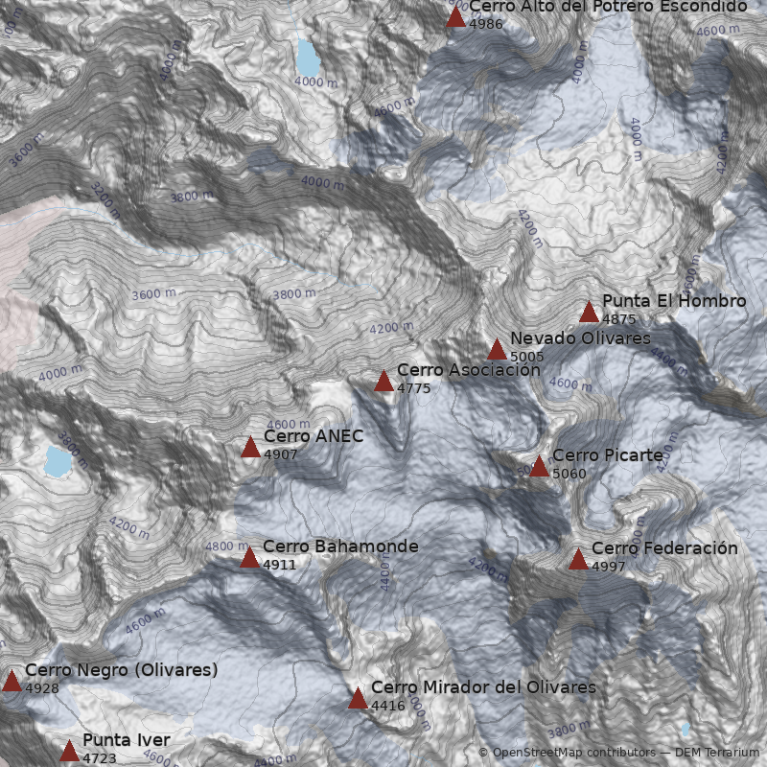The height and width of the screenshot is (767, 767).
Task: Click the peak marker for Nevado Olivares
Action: click(x=497, y=350)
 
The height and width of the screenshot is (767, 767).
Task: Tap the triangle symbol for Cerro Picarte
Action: click(x=539, y=467)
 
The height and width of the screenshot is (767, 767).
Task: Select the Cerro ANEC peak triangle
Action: click(x=250, y=448)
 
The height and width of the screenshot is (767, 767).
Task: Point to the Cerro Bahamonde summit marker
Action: click(x=249, y=558)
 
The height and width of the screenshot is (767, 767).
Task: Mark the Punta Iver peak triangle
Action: click(x=69, y=751)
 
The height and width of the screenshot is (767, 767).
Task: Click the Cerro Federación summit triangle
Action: click(x=578, y=560)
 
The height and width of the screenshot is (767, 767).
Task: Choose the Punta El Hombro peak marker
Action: click(x=589, y=313)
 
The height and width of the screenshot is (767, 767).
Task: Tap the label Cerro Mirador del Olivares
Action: click(x=483, y=687)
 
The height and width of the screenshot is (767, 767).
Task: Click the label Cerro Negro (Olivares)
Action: click(x=122, y=670)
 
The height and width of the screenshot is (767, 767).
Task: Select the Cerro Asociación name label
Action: click(x=455, y=370)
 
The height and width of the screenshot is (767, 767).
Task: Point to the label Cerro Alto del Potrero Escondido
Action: click(x=607, y=7)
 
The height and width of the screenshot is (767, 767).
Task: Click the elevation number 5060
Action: click(x=569, y=474)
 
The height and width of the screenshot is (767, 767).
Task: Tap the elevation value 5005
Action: click(x=527, y=357)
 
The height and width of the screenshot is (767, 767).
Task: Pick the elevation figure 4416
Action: click(x=387, y=706)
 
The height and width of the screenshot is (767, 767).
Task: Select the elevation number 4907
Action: click(x=280, y=454)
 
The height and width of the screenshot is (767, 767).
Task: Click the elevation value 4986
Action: click(x=485, y=23)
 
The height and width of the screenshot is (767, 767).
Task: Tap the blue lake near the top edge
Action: click(x=308, y=58)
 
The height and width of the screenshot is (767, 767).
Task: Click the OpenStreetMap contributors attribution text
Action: click(x=567, y=753)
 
